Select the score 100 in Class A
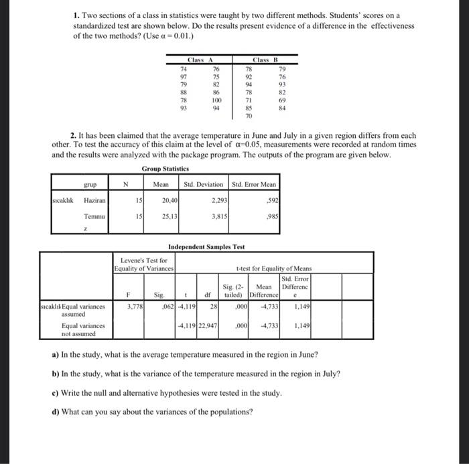click(x=216, y=100)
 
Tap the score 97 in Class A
click(x=184, y=77)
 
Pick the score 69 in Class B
click(x=281, y=100)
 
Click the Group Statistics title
click(x=165, y=169)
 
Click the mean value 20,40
click(x=169, y=200)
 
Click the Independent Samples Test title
click(x=206, y=246)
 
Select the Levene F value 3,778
click(x=133, y=307)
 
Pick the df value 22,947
click(x=208, y=326)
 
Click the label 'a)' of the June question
click(x=56, y=354)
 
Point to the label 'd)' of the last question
click(x=56, y=412)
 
